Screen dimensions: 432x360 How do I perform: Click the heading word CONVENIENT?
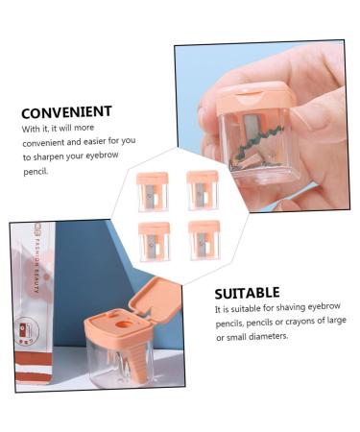(64, 111)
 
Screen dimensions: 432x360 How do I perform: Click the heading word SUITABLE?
(248, 292)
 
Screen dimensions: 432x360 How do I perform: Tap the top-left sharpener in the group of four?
(153, 191)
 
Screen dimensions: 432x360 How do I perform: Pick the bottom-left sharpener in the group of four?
(154, 240)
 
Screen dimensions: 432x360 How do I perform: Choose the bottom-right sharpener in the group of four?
(204, 240)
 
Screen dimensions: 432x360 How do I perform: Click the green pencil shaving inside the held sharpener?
(262, 150)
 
